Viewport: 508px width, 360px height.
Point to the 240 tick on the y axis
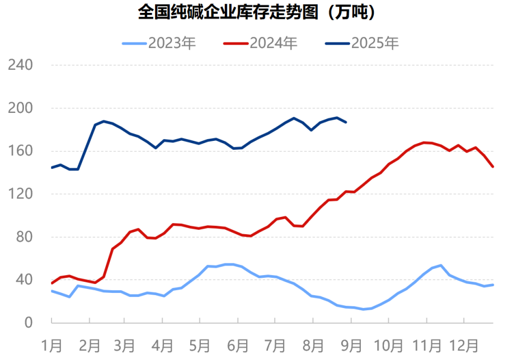point(21,65)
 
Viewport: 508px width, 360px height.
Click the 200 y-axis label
point(21,108)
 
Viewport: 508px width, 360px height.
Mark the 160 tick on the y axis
point(21,151)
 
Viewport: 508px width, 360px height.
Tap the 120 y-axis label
point(21,194)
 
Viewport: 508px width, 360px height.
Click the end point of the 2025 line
point(346,122)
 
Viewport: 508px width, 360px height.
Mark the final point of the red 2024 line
point(493,167)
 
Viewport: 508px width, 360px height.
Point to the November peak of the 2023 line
point(441,266)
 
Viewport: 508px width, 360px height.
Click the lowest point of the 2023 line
point(363,309)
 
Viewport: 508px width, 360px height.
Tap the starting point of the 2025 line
point(51,167)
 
